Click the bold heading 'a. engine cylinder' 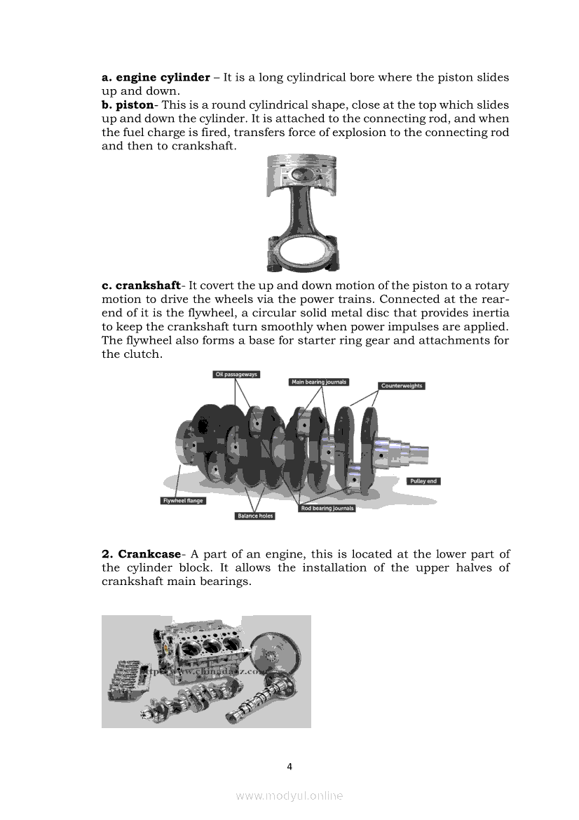[x=156, y=77]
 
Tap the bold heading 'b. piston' [x=127, y=105]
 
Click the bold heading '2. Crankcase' [x=142, y=554]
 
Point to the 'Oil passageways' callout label [x=236, y=375]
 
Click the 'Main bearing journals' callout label [x=319, y=382]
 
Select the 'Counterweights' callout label [x=402, y=386]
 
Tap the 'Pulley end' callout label [x=423, y=481]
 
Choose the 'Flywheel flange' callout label [x=184, y=501]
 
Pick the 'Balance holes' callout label [x=254, y=516]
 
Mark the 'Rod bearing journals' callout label [x=327, y=508]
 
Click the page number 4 [x=289, y=766]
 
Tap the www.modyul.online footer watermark [x=289, y=795]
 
